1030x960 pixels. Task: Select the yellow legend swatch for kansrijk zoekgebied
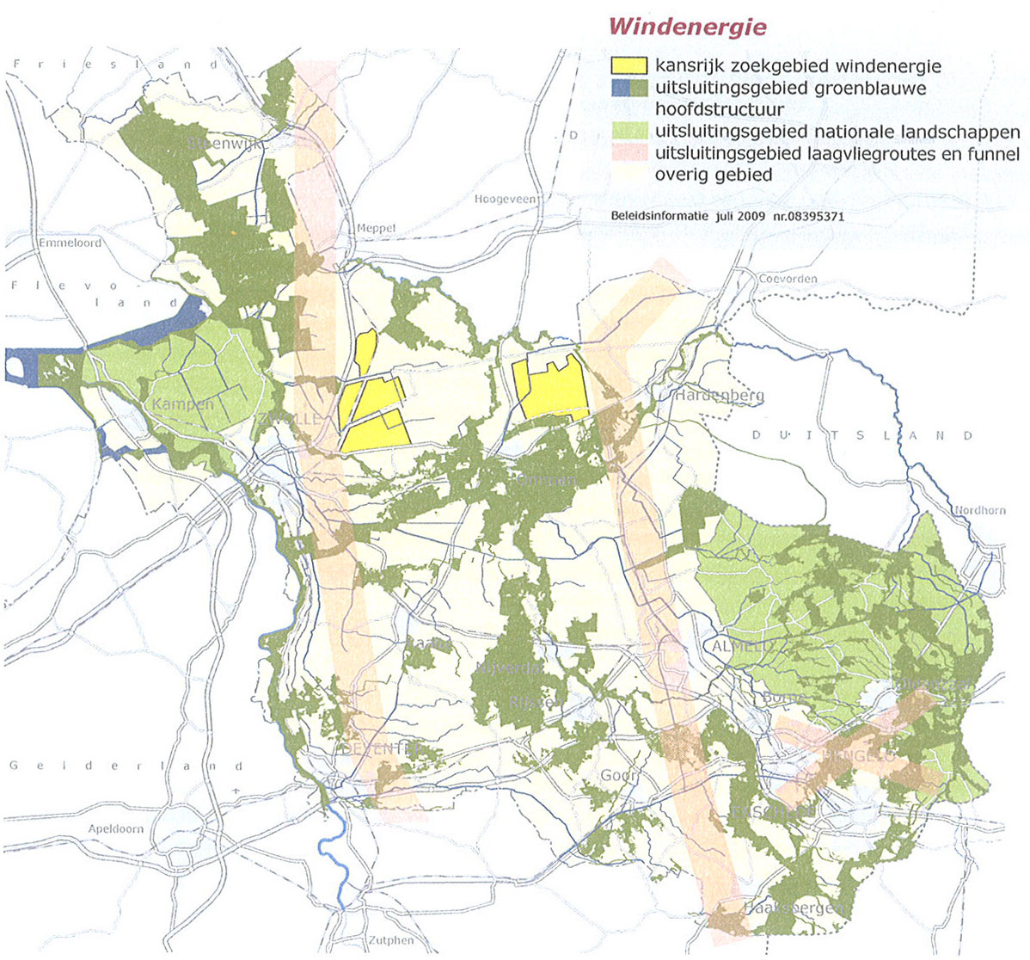pyautogui.click(x=628, y=65)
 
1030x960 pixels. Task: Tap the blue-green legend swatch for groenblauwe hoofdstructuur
pyautogui.click(x=628, y=88)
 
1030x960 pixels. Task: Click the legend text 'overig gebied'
pyautogui.click(x=713, y=175)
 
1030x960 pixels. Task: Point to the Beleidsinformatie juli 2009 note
pyautogui.click(x=727, y=217)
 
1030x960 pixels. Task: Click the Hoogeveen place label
pyautogui.click(x=506, y=199)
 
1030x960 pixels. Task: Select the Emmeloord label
pyautogui.click(x=70, y=243)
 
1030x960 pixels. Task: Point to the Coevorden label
pyautogui.click(x=787, y=279)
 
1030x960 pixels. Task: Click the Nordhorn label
pyautogui.click(x=979, y=510)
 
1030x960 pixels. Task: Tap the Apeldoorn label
pyautogui.click(x=116, y=828)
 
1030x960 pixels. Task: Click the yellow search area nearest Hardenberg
pyautogui.click(x=550, y=389)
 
